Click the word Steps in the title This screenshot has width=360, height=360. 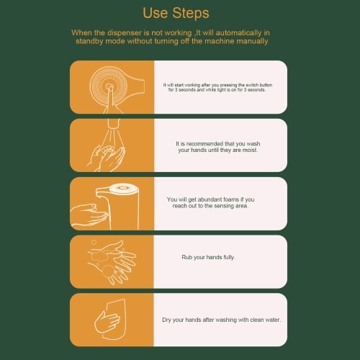(191, 13)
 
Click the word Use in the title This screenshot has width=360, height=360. (155, 13)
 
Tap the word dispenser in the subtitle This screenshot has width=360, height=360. (124, 33)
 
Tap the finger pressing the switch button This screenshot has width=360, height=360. (111, 99)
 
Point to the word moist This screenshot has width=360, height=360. (250, 150)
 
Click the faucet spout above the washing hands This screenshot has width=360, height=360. (114, 123)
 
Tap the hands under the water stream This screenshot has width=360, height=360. (106, 158)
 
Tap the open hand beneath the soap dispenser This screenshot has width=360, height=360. (89, 215)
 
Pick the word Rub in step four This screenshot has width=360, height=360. (186, 257)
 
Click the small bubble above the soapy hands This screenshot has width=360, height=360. (94, 242)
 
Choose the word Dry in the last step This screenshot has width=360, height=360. (166, 320)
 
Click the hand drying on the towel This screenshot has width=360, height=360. (107, 322)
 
